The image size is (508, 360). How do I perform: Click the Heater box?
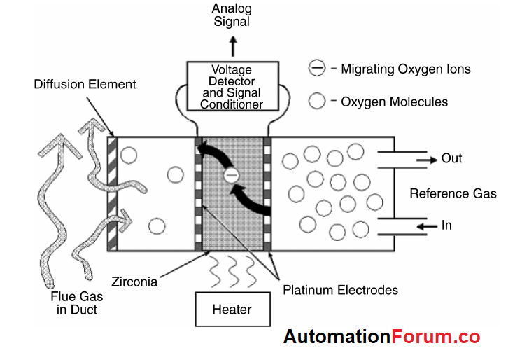click(x=232, y=309)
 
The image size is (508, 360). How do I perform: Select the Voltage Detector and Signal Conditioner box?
click(x=232, y=87)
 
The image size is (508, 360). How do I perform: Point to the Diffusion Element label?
click(x=85, y=85)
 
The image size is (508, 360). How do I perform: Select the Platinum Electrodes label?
click(x=340, y=289)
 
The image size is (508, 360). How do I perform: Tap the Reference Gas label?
click(x=453, y=193)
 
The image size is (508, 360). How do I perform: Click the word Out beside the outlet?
click(x=451, y=158)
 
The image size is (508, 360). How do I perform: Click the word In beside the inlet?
click(x=446, y=226)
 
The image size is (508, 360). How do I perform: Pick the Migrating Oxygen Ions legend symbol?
click(x=317, y=69)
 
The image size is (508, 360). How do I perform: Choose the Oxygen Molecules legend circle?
click(x=318, y=102)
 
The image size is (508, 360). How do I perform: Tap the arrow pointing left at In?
click(x=425, y=226)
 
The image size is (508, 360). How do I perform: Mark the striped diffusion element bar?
click(x=113, y=193)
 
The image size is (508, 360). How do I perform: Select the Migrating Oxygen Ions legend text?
click(x=405, y=69)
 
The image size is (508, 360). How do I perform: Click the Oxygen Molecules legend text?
click(x=394, y=102)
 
